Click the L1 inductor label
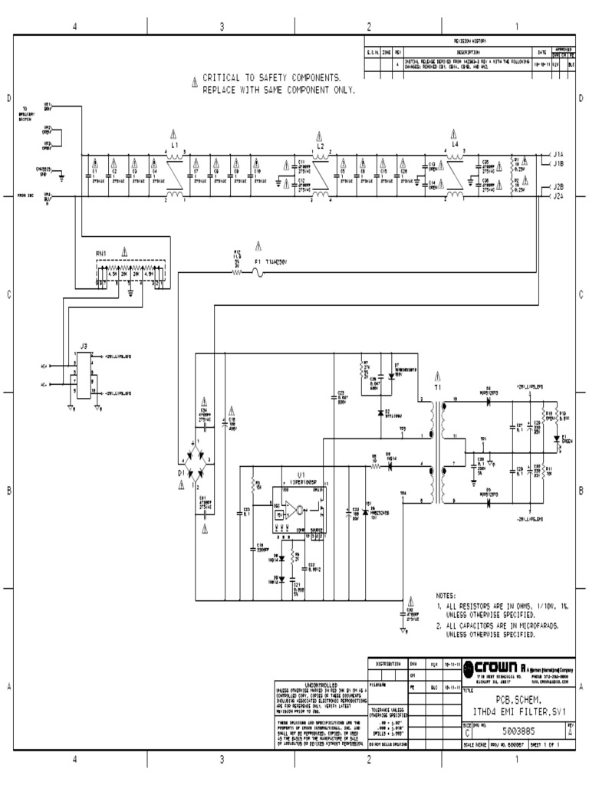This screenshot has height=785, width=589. [x=175, y=144]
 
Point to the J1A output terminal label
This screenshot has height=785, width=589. [x=558, y=154]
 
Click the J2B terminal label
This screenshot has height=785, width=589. [x=558, y=187]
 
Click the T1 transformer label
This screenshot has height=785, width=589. [x=438, y=388]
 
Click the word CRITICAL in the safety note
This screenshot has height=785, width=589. [x=222, y=78]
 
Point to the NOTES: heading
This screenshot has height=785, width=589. [x=446, y=596]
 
